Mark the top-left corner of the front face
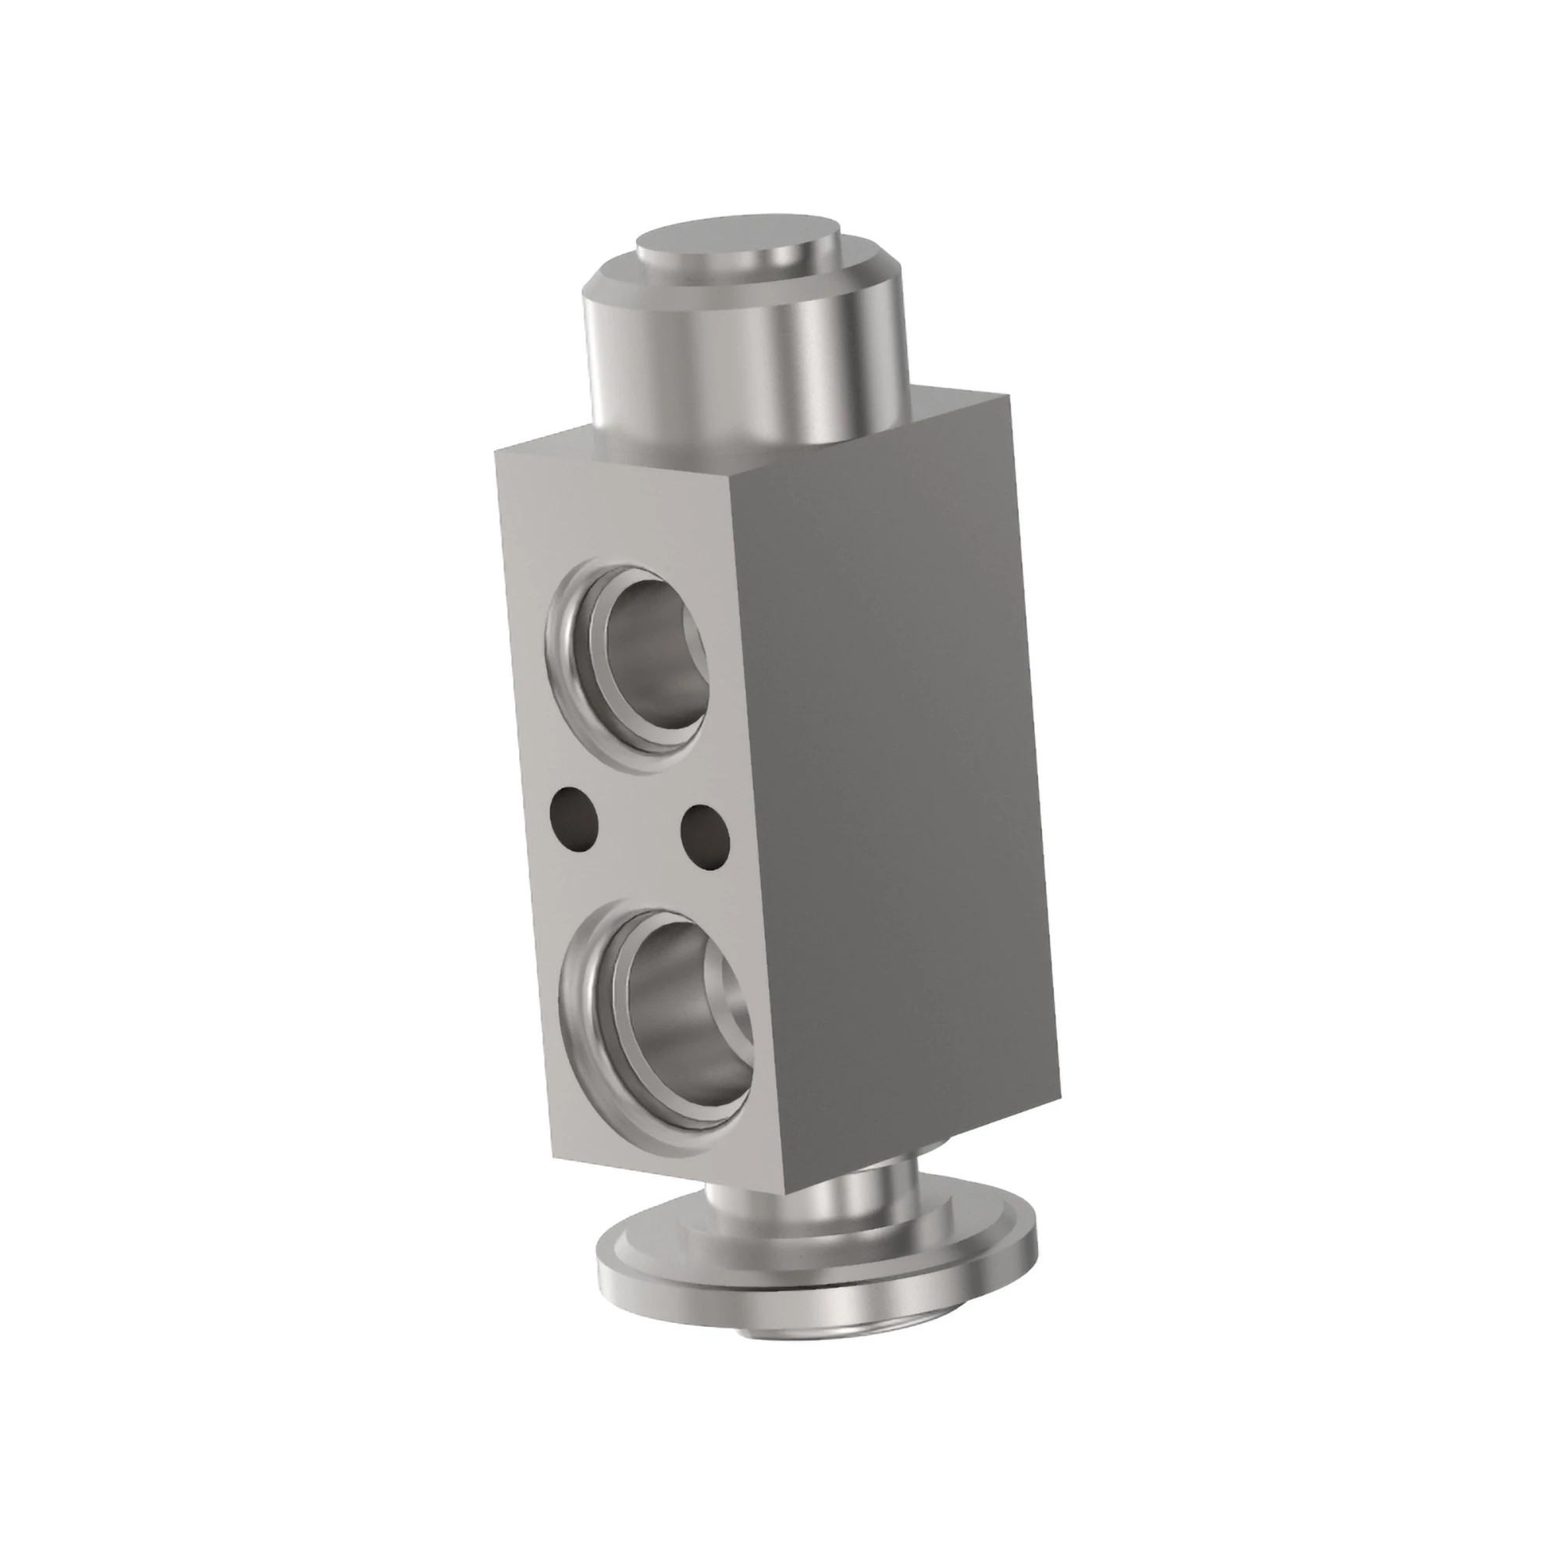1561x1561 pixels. tap(496, 451)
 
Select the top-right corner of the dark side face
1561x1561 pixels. tap(1010, 393)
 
